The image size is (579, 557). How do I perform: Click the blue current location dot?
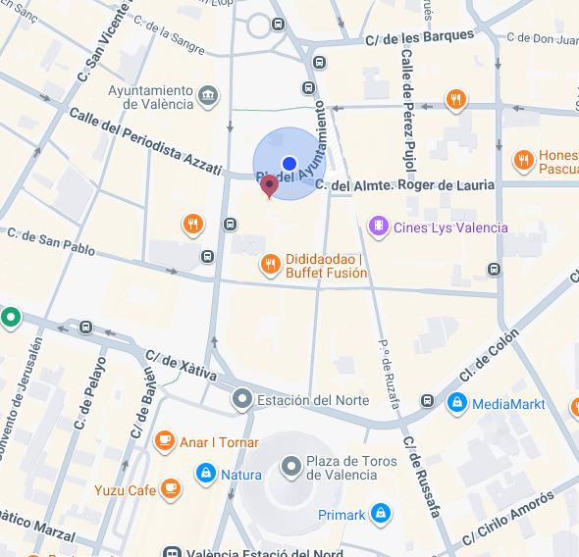pos(289,164)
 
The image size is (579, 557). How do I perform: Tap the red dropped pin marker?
pos(269,186)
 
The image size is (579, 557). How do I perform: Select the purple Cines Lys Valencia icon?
pos(378,228)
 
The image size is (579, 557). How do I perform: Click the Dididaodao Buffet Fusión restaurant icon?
pos(270,264)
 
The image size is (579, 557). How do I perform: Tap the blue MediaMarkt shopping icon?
pos(456,403)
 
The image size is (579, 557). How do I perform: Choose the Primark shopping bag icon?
pos(381,514)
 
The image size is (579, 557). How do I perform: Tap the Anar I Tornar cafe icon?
pos(164,442)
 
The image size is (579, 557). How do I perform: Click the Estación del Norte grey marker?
pos(241,400)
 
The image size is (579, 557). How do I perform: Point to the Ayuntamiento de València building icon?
pos(208,96)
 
